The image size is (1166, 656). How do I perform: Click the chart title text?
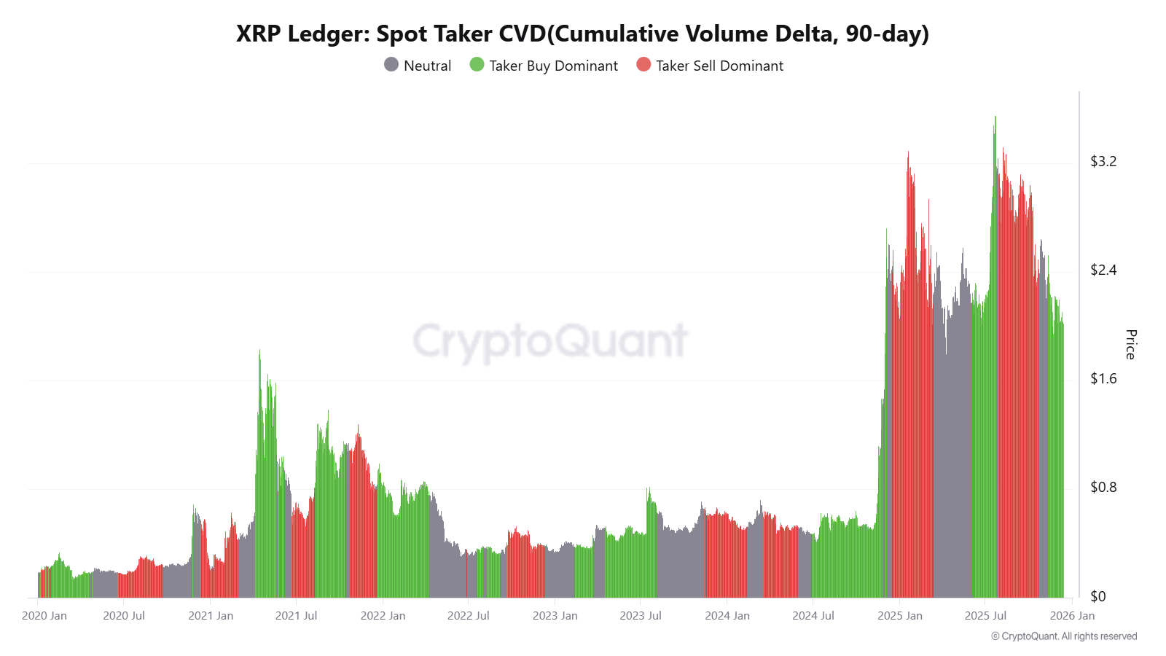coord(582,34)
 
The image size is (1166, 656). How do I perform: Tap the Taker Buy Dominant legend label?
coord(553,66)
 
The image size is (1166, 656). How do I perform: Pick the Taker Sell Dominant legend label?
coord(719,66)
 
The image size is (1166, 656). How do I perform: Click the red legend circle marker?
coord(643,65)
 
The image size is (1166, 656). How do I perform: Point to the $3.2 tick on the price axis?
coord(1103,161)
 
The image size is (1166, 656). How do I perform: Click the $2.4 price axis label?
coord(1103,270)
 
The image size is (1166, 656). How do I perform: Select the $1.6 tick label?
coord(1103,378)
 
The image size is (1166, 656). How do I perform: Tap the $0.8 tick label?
coord(1103,487)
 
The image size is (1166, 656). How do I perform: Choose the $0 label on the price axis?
coord(1097,596)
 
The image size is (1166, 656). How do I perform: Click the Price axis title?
coord(1130,344)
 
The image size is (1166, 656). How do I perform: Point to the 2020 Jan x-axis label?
coord(44,616)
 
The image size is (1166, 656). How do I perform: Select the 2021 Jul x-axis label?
coord(296,616)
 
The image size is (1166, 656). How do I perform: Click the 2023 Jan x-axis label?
coord(555,616)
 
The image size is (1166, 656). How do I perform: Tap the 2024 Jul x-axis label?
coord(813,616)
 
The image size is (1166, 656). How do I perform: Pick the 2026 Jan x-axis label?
coord(1071,616)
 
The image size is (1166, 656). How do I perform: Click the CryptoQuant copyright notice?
coord(1063,636)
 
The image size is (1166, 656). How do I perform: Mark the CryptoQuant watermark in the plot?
coord(550,341)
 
